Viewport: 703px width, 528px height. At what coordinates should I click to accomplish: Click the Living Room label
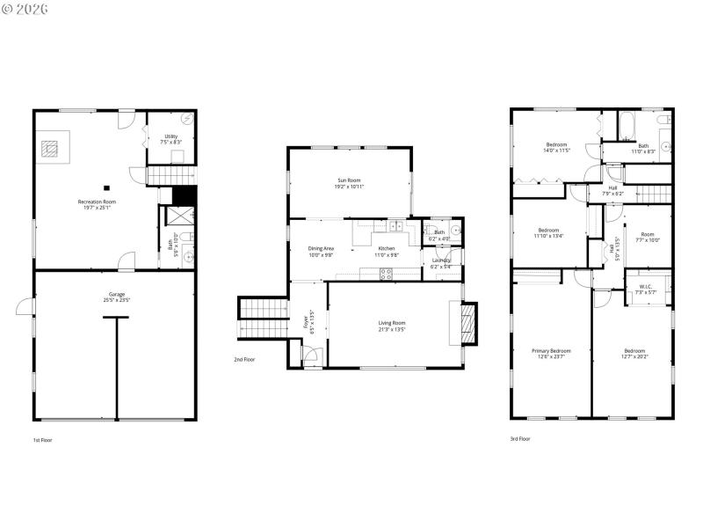392,326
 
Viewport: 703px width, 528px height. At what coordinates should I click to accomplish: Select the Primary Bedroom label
551,353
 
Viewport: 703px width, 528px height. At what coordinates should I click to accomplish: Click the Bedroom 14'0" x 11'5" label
557,147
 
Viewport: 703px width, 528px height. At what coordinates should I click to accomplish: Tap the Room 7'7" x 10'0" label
647,237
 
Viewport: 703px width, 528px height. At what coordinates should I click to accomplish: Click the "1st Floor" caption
42,438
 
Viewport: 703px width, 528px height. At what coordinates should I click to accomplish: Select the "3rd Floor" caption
519,438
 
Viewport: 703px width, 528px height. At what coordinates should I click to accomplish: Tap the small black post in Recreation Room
105,187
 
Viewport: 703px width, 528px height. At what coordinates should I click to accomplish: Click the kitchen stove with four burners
386,274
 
